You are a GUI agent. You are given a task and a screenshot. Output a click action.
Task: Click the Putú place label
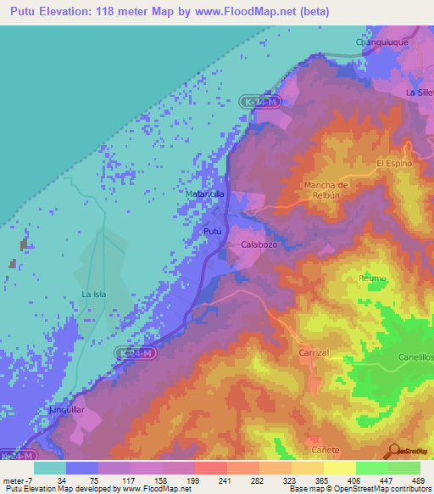pos(213,230)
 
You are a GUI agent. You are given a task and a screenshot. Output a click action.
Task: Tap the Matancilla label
pos(205,194)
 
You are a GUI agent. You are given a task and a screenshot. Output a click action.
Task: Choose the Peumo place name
pos(373,278)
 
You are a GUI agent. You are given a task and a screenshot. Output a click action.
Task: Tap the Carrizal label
pos(314,351)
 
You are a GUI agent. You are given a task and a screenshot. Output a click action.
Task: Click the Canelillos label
pos(416,357)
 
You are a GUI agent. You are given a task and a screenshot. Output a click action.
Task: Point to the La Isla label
pos(93,295)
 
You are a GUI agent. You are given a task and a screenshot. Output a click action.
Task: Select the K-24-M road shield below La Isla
pos(135,351)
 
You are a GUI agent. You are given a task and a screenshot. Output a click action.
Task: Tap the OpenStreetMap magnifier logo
pos(392,452)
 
